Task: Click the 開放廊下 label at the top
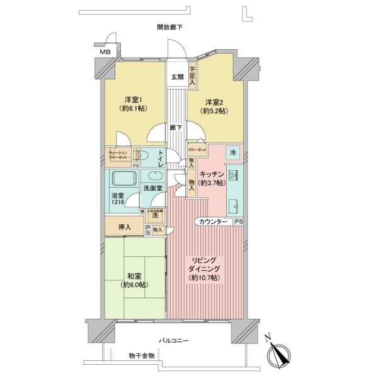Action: pyautogui.click(x=170, y=27)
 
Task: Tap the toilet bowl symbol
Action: pyautogui.click(x=144, y=154)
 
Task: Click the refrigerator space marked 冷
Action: pyautogui.click(x=232, y=153)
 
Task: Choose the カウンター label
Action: pyautogui.click(x=212, y=222)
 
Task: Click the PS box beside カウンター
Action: pyautogui.click(x=239, y=222)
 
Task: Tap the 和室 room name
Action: pyautogui.click(x=135, y=276)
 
